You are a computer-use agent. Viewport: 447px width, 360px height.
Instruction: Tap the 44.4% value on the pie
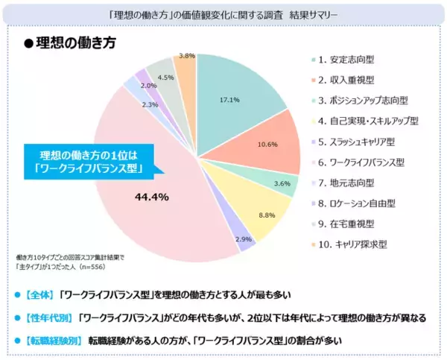pos(153,198)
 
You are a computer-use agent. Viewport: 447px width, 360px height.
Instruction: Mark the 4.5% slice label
pos(166,78)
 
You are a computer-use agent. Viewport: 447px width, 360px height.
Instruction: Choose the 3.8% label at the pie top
pos(187,55)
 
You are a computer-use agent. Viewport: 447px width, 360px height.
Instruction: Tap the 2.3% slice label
pos(149,105)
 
